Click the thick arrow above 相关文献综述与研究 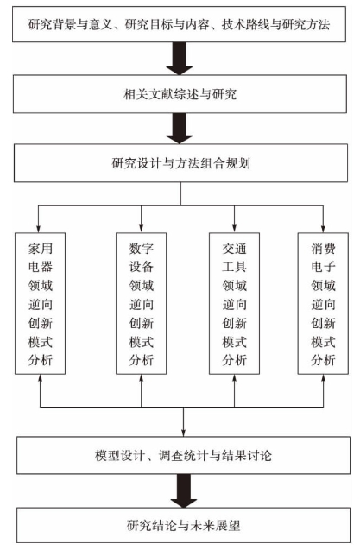click(x=180, y=59)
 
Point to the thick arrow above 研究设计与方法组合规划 click(x=180, y=129)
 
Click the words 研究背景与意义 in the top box click(x=70, y=24)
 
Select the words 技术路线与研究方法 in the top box click(x=275, y=24)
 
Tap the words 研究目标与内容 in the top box click(x=167, y=24)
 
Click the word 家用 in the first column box click(x=41, y=249)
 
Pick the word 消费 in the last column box click(x=323, y=249)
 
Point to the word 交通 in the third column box click(x=234, y=249)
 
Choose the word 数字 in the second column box click(x=141, y=249)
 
